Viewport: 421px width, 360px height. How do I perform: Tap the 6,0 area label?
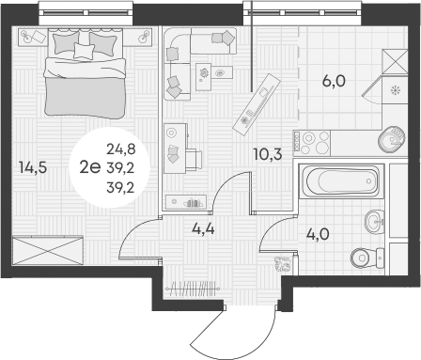[x=334, y=81]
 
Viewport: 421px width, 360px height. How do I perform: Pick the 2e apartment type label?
[x=91, y=167]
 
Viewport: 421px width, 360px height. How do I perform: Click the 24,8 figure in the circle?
[x=119, y=149]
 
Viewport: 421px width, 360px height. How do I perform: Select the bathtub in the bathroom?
[x=340, y=181]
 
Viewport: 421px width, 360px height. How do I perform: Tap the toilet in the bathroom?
[x=366, y=257]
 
